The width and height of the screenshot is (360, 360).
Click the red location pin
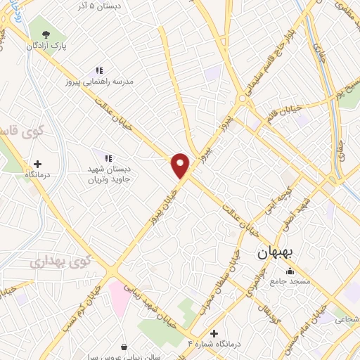181,165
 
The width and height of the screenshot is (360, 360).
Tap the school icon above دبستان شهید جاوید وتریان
108,158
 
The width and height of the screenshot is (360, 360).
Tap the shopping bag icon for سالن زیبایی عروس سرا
124,346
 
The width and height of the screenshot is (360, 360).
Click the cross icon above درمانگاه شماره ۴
214,333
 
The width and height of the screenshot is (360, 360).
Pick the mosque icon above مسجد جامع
290,271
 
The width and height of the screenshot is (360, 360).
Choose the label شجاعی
347,320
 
